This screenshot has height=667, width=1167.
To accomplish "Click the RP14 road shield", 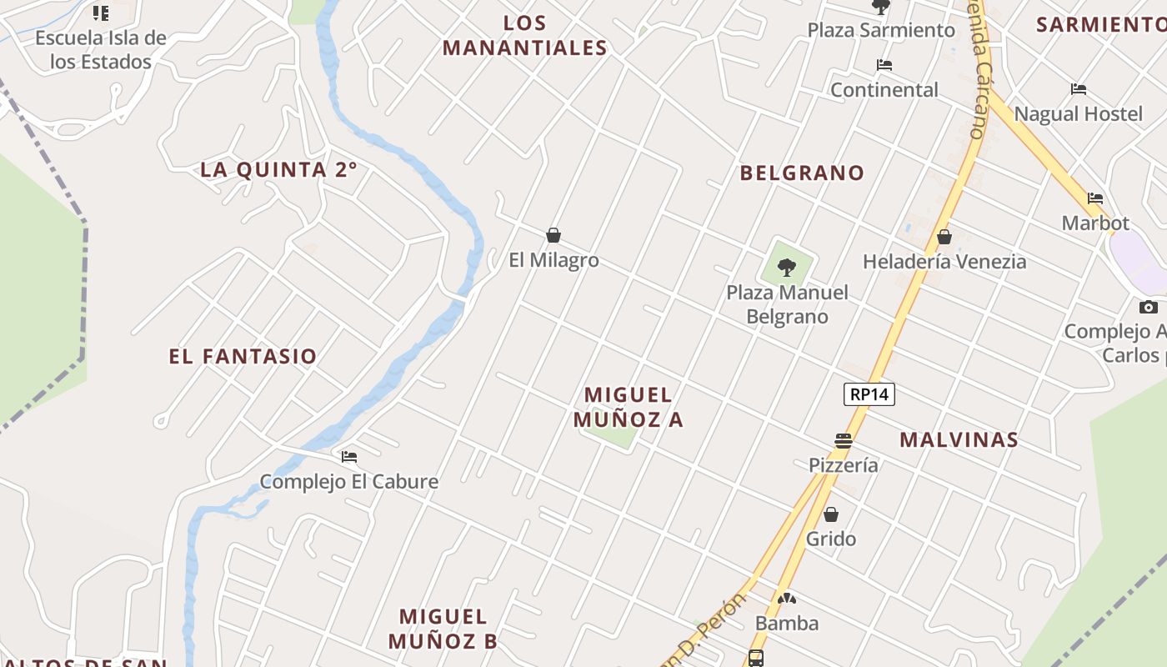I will pos(869,394).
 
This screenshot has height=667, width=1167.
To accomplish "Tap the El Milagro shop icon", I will pos(553,236).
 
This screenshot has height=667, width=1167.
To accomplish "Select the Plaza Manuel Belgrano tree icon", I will pos(786,268).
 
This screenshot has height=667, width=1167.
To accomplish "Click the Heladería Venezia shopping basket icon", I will pos(944,238).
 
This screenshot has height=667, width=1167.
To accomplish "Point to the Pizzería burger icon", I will pos(844,441).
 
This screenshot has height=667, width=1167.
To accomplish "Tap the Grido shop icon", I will pos(831,514).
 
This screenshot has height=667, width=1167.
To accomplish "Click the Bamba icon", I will pos(786,599).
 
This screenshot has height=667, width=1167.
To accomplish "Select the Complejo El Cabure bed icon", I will pos(349,457).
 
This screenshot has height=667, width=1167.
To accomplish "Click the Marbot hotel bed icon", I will pos(1095,198).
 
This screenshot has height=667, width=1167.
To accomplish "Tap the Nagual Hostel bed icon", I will pos(1079,89).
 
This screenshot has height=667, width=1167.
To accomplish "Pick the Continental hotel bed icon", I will pos(884,65).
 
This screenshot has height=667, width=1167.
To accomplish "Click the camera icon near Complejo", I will pos(1149,307).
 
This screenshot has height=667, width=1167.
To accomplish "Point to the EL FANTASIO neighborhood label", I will pos(243,357).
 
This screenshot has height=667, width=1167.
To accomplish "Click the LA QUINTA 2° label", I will pos(278,170).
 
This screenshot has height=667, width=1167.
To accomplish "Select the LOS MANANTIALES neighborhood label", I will pos(525,36).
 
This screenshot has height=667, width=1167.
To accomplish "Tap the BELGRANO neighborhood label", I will pos(802,173).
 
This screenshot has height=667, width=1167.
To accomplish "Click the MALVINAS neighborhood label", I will pos(959,440).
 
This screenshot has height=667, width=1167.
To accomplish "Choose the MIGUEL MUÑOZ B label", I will pos(443,629).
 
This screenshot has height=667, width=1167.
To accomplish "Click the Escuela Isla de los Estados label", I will pos(101,49).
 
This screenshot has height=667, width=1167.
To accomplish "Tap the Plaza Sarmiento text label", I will pos(881,31).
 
